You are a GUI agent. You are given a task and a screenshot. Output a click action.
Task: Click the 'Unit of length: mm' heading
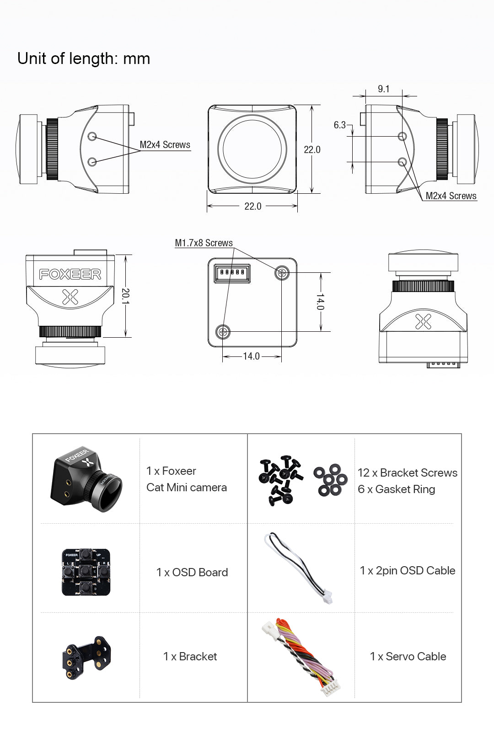tap(84, 58)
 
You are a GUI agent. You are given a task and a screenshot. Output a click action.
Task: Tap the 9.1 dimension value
tap(384, 89)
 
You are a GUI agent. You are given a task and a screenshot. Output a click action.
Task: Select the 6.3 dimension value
tap(339, 125)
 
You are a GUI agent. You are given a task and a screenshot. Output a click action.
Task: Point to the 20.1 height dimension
tap(126, 296)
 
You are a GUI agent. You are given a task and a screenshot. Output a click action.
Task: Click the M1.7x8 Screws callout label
tap(204, 243)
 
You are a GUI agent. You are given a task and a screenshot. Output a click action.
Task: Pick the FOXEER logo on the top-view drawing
tap(70, 274)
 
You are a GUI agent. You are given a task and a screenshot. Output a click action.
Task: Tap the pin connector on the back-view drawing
tap(232, 273)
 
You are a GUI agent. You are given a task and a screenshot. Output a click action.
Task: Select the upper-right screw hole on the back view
tap(282, 273)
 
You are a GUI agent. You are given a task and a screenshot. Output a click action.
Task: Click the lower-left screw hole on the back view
tap(223, 331)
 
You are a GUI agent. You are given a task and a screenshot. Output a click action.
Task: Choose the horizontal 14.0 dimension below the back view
tap(251, 356)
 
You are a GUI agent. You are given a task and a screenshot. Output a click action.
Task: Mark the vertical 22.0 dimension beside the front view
tap(312, 149)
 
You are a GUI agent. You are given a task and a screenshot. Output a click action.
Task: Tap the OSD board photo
tap(86, 572)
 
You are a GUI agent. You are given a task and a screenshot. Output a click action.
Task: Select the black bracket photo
tap(86, 657)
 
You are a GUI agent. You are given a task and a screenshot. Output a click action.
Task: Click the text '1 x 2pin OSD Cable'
tap(407, 570)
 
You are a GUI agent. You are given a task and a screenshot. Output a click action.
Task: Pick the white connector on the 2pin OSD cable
tap(328, 597)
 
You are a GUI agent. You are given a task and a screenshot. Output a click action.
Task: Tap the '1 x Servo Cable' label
tap(408, 656)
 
